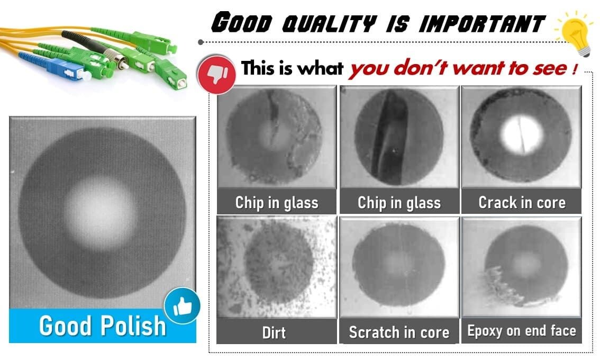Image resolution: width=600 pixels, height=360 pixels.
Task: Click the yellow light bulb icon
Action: [575, 32]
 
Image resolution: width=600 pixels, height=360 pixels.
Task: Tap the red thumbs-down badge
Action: [216, 74]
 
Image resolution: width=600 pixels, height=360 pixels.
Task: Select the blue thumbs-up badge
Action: [182, 305]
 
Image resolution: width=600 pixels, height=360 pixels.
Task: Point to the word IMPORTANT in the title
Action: [481, 23]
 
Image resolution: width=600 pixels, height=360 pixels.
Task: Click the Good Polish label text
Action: [102, 326]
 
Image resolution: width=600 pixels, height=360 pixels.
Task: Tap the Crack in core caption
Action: [522, 202]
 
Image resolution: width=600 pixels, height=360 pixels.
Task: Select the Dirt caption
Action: [274, 332]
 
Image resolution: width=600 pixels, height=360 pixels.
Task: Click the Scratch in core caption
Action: [399, 332]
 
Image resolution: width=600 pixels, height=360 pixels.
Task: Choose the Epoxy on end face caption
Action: [522, 330]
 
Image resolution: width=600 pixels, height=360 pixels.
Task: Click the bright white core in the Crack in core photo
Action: [522, 134]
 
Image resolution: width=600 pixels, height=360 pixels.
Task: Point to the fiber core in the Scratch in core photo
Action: [398, 264]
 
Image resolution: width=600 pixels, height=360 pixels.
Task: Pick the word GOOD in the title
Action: [242, 22]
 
